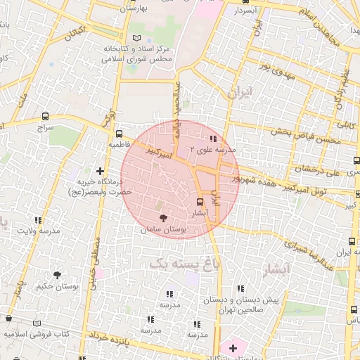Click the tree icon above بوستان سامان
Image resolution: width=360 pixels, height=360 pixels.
click(x=163, y=219)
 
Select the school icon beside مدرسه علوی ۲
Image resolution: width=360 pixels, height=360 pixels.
click(x=213, y=139)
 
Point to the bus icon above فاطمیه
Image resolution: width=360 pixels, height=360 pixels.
click(x=119, y=133)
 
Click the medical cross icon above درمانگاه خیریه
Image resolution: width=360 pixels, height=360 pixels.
click(x=100, y=170)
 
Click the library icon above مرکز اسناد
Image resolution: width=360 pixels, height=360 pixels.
click(x=136, y=37)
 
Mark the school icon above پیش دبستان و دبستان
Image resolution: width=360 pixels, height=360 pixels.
click(x=241, y=288)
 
